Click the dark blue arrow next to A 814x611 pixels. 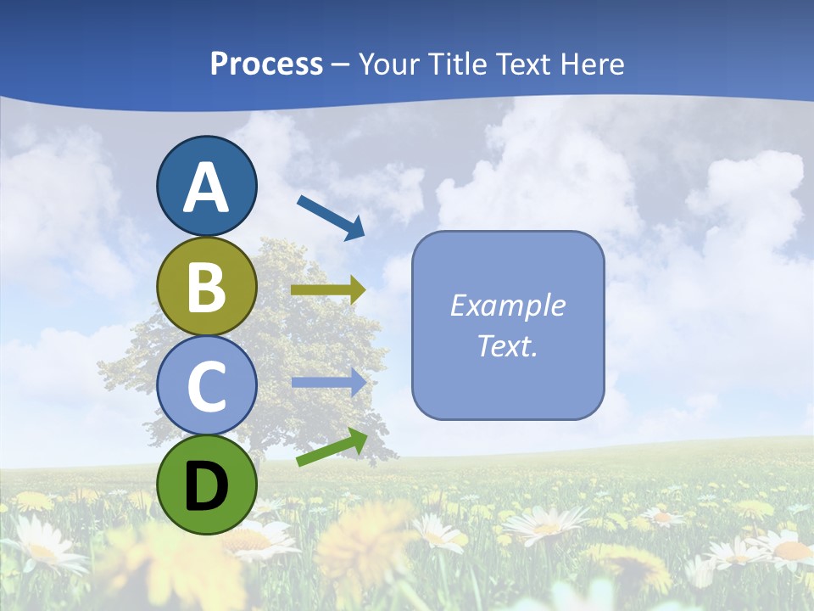point(331,216)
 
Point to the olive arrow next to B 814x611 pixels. point(328,290)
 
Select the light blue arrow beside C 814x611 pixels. point(329,382)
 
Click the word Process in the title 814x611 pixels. point(266,64)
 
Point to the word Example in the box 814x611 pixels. point(507,305)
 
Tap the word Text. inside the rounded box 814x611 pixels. point(507,345)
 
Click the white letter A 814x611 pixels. point(206,188)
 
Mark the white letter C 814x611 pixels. point(206,386)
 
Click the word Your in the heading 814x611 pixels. point(387,64)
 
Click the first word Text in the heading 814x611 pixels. point(522,64)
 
